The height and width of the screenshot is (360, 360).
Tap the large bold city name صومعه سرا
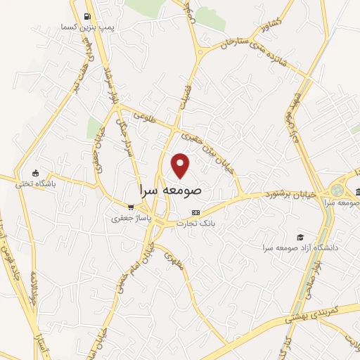(171, 190)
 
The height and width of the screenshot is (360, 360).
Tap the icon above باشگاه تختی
(36, 174)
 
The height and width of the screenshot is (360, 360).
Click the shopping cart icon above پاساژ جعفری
(131, 207)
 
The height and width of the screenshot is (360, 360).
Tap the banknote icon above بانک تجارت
(195, 212)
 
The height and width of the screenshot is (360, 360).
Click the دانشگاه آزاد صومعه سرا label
(301, 247)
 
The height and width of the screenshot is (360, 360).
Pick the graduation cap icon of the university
(300, 237)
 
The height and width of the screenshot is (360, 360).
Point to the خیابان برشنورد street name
(290, 192)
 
